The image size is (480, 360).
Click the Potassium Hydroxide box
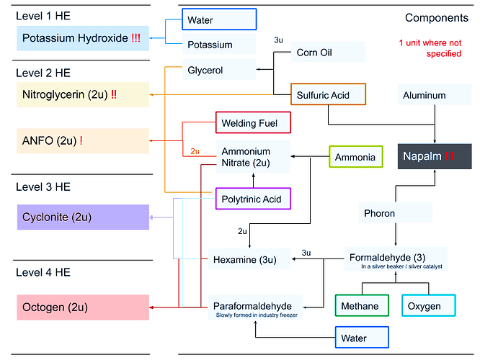[82, 38]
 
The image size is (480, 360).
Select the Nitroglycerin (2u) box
[82, 94]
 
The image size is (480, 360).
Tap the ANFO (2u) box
[82, 140]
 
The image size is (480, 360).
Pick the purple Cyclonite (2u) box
[82, 217]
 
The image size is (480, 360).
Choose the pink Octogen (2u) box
[82, 307]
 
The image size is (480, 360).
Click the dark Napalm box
[433, 156]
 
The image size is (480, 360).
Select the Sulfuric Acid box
[329, 94]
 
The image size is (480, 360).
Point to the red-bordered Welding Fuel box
[252, 123]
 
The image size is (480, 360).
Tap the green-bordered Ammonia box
[356, 156]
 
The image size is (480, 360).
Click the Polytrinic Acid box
[252, 199]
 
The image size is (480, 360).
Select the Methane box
[361, 306]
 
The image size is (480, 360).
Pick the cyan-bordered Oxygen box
[428, 306]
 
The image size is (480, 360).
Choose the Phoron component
[396, 213]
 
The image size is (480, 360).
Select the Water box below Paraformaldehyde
[361, 337]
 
